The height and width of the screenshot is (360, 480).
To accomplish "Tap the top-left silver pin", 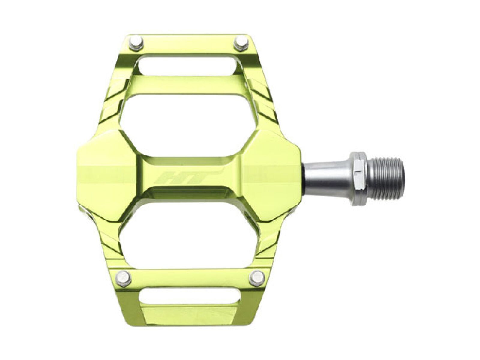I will click(137, 43).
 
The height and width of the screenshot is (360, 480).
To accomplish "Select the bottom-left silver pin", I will click(124, 277).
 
